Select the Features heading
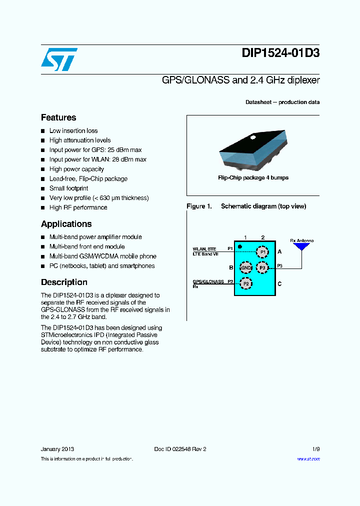[58, 117]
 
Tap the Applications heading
[66, 224]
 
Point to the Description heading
[64, 282]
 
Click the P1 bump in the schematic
[262, 251]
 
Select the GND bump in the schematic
[246, 267]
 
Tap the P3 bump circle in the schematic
[262, 267]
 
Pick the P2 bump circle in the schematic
[245, 283]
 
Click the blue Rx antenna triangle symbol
[301, 247]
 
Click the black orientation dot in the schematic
[240, 246]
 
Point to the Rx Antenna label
[302, 240]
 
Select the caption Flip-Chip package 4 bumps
[253, 177]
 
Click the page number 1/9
[315, 449]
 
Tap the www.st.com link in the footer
[308, 459]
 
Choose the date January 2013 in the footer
[57, 449]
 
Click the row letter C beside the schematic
[279, 284]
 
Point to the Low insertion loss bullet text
[73, 130]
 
